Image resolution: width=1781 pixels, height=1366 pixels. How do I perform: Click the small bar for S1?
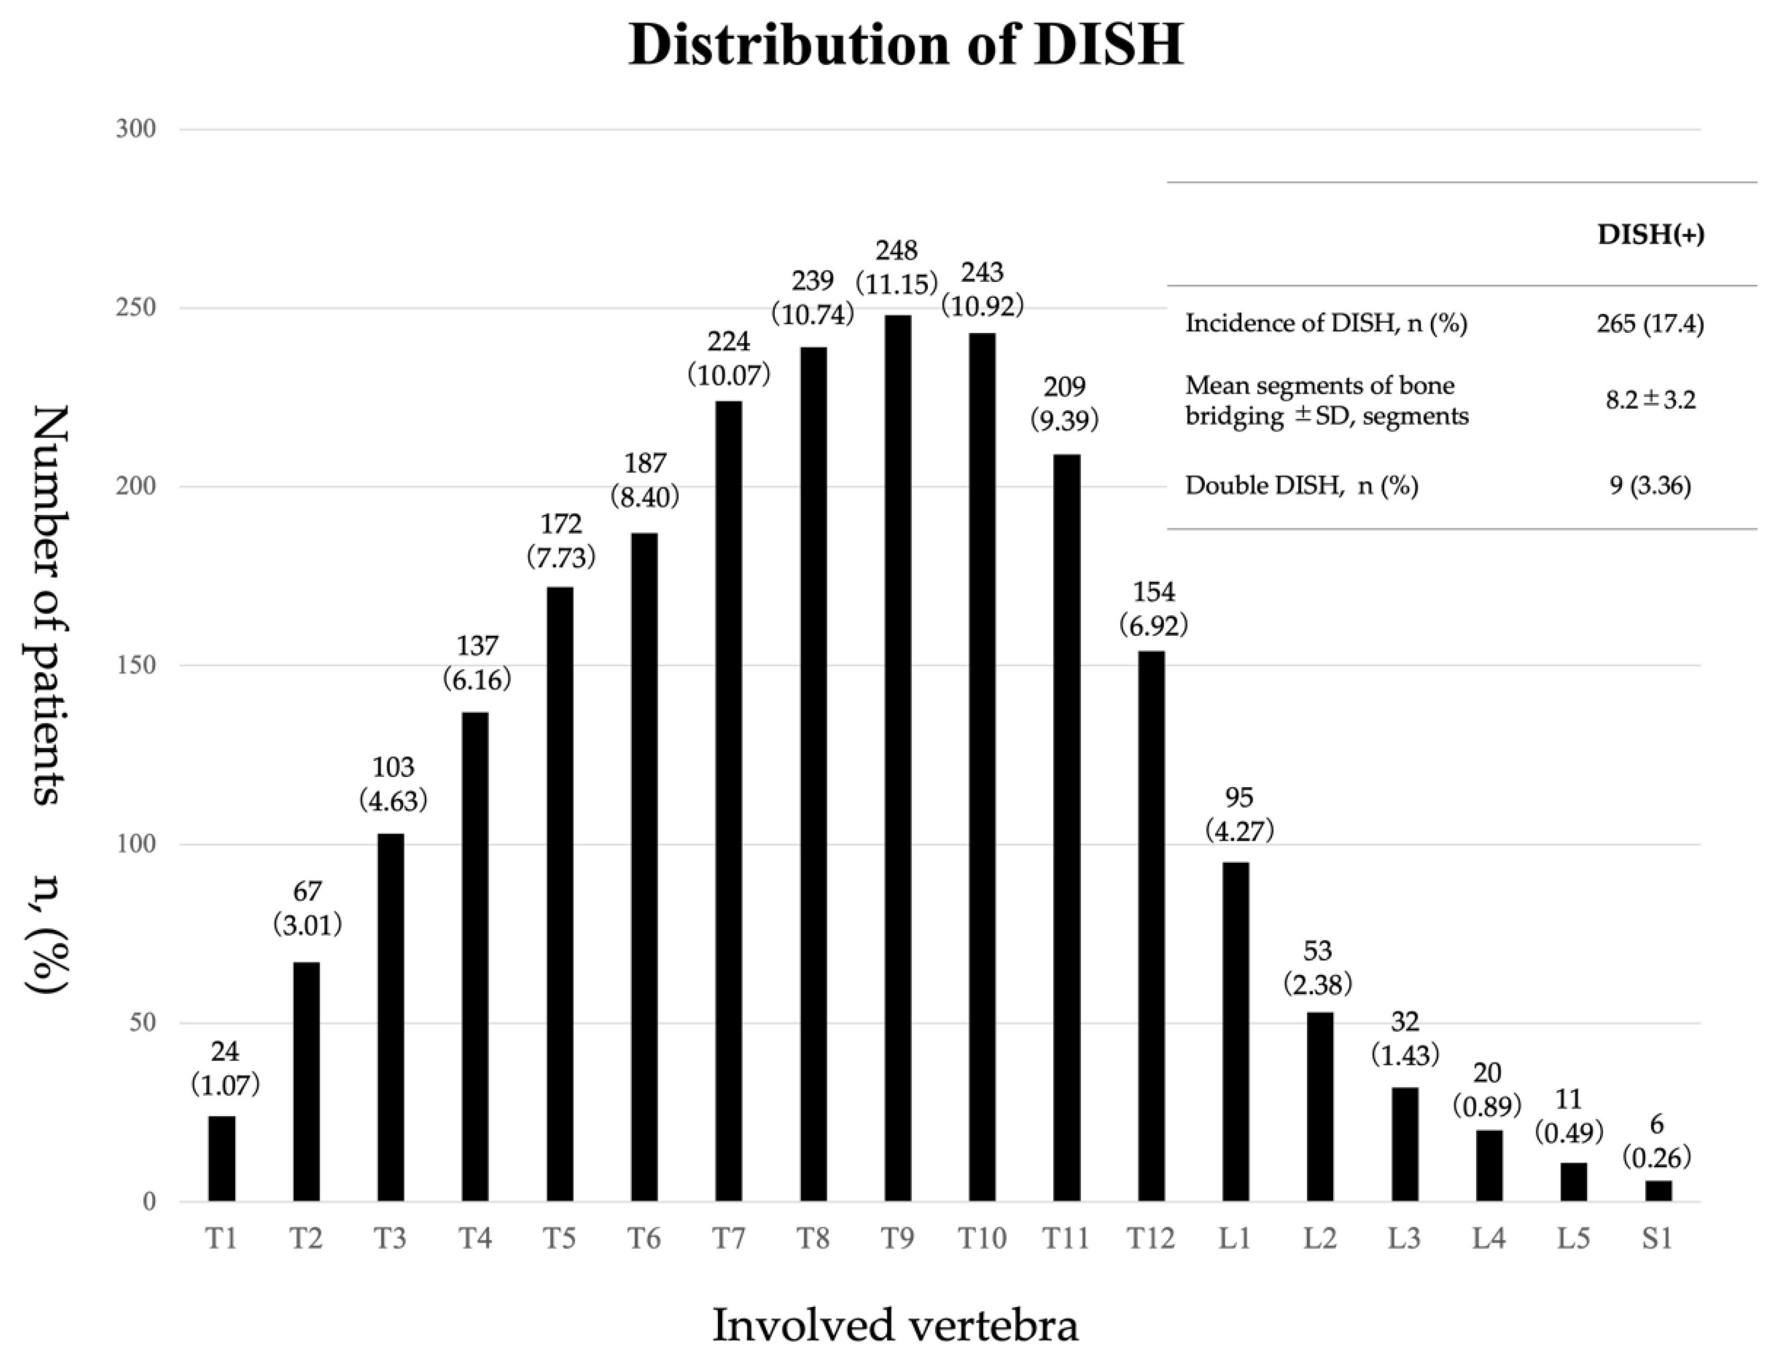coord(1658,1190)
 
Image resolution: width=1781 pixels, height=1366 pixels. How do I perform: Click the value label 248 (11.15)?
coord(897,267)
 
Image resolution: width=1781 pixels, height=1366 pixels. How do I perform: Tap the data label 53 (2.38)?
coord(1318,968)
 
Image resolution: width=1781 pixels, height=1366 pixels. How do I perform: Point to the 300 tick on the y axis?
coord(136,129)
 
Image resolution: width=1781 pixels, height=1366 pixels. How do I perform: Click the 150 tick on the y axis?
coord(136,666)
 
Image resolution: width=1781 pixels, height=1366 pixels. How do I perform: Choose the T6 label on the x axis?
coord(644,1238)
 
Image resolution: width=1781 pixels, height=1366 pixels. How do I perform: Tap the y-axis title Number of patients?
coord(50,606)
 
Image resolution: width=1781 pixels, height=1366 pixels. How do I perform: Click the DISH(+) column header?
coord(1650,235)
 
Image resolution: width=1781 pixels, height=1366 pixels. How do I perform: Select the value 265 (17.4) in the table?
coord(1649,324)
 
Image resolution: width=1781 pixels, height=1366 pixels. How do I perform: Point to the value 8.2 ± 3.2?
coord(1650,400)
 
